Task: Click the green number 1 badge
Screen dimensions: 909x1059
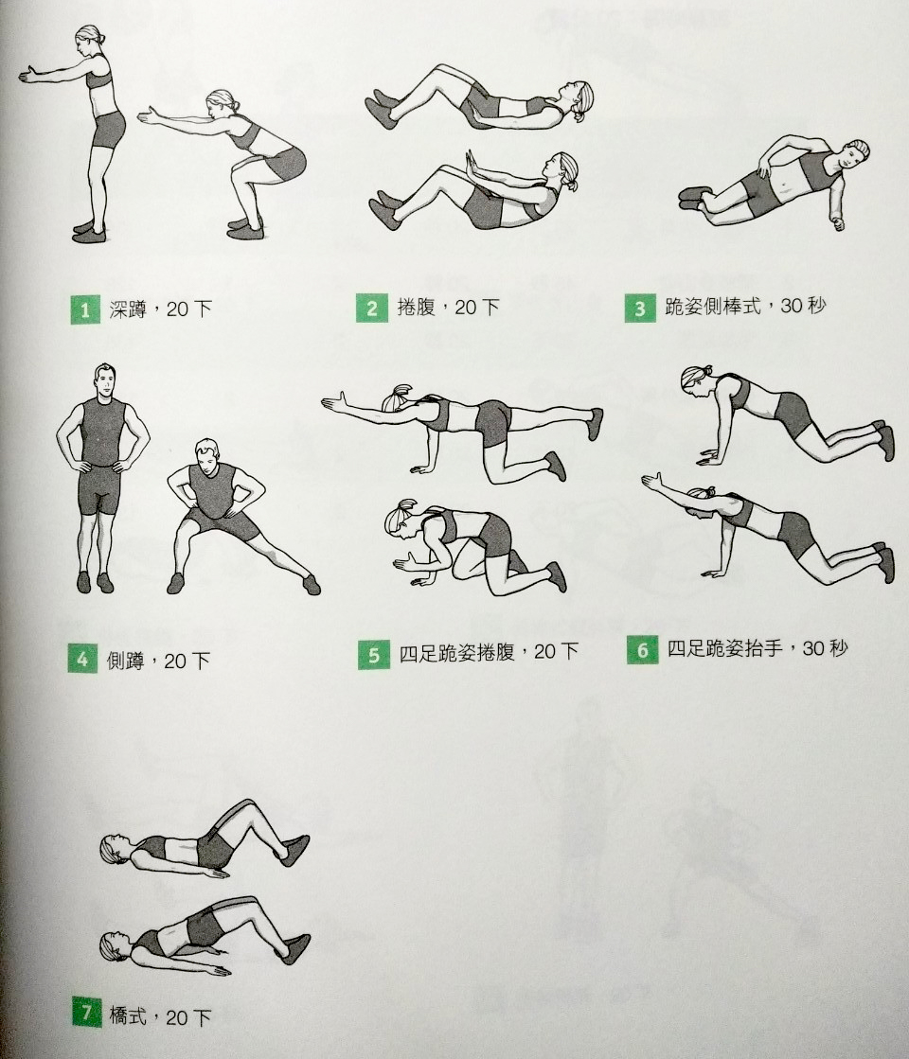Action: point(85,310)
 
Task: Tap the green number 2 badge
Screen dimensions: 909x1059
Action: point(372,308)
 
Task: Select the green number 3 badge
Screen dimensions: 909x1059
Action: point(640,308)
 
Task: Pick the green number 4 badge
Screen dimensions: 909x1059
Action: point(82,659)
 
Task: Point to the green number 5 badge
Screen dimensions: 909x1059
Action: point(374,655)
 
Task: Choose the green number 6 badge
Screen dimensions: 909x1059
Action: point(642,650)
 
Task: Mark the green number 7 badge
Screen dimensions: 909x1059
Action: point(86,1013)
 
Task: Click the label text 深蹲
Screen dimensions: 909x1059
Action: point(128,309)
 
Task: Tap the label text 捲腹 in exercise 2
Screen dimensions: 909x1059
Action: point(416,308)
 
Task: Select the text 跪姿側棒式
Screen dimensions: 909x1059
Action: point(712,307)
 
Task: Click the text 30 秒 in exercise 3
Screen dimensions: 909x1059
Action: point(803,306)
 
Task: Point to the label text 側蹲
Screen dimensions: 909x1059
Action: point(125,660)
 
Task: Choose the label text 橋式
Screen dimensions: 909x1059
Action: point(128,1015)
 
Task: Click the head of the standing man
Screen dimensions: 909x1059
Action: point(105,380)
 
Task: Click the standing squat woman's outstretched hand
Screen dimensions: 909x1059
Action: point(30,75)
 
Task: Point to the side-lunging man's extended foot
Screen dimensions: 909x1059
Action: point(311,584)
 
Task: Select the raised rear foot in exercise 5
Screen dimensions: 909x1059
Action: point(595,424)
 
